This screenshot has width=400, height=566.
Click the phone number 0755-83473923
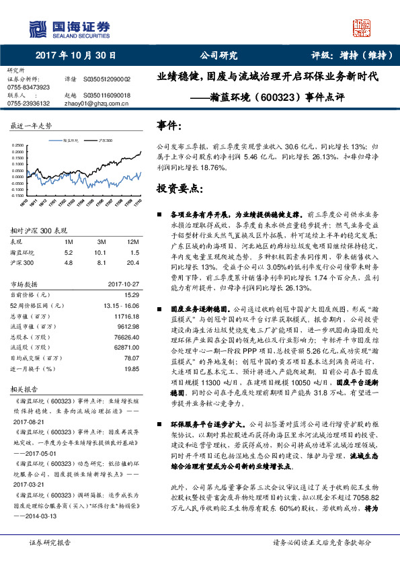point(28,87)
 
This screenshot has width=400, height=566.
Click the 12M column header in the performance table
point(133,241)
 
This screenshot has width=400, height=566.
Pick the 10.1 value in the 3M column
point(103,252)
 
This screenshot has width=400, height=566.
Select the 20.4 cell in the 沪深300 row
point(133,263)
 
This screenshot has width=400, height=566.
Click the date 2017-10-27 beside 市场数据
point(124,284)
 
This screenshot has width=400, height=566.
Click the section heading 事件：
point(169,126)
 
